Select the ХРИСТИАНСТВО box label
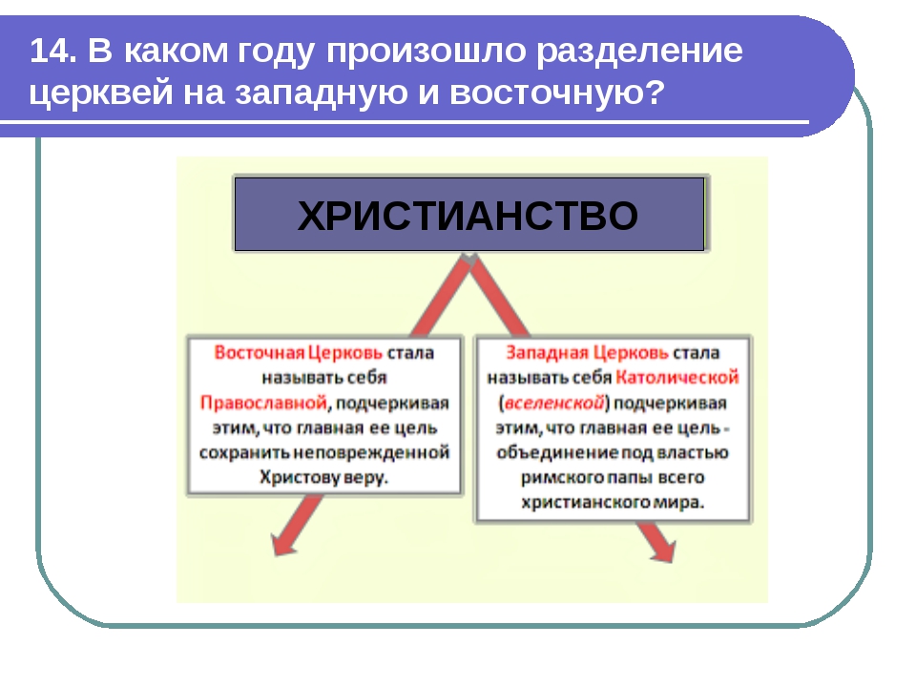coord(468,217)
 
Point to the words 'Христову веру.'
coord(323,476)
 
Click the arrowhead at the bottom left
coord(280,546)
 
